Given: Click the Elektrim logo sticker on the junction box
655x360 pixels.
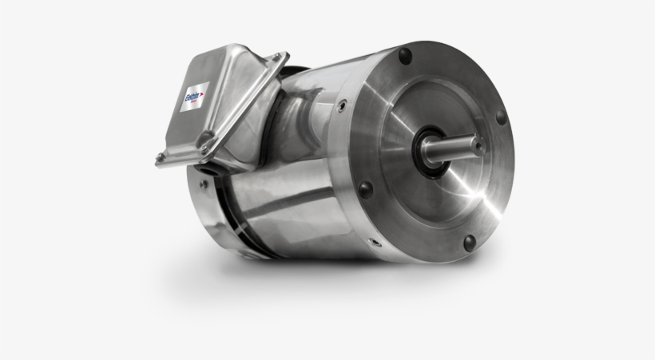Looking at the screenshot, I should click(195, 98).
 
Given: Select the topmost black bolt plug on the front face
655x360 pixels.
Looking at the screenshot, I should click(405, 56).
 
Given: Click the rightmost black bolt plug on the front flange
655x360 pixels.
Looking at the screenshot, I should click(501, 117).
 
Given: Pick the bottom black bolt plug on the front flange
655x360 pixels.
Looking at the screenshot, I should click(470, 241).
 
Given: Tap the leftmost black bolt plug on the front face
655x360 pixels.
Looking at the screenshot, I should click(365, 189).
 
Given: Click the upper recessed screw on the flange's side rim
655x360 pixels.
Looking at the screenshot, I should click(342, 104).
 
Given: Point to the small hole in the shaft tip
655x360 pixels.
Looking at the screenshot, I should click(477, 145).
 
